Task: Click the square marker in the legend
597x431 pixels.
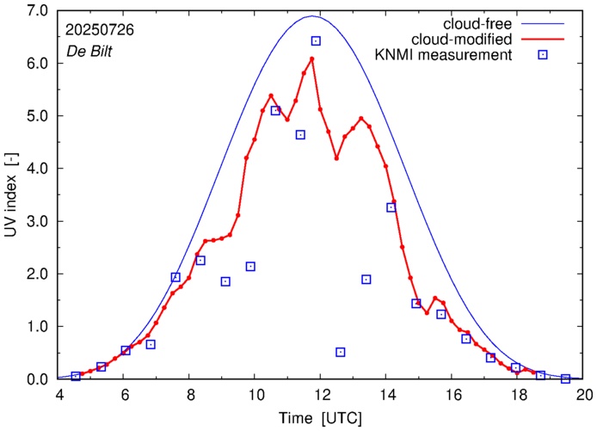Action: pyautogui.click(x=543, y=55)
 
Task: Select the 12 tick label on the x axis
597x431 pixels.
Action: pyautogui.click(x=321, y=396)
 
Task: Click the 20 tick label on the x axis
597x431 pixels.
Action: pyautogui.click(x=585, y=396)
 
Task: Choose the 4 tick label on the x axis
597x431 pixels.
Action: pyautogui.click(x=59, y=396)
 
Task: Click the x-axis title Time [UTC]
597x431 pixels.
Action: pyautogui.click(x=321, y=417)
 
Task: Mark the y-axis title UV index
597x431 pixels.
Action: pyautogui.click(x=12, y=194)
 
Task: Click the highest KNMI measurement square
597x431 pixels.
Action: pyautogui.click(x=316, y=40)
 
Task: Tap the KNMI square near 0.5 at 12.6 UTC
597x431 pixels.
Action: pyautogui.click(x=341, y=352)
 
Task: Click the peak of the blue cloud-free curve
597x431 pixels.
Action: pyautogui.click(x=312, y=15)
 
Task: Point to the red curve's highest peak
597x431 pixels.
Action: pyautogui.click(x=311, y=58)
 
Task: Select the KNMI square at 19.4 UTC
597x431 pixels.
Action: pyautogui.click(x=565, y=379)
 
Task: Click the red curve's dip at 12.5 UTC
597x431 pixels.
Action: pyautogui.click(x=336, y=158)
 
